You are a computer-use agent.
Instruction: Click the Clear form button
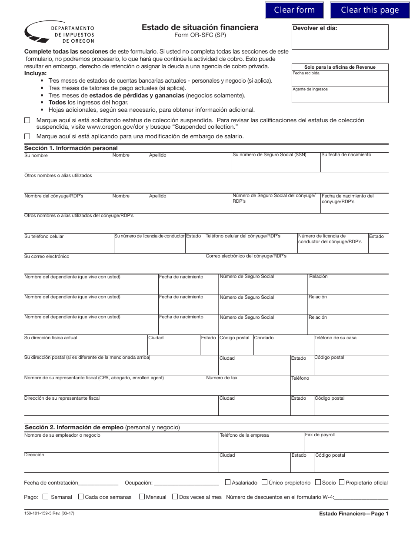pos(294,10)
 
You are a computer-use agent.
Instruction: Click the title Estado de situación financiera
pos(200,27)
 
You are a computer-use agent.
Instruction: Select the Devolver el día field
pos(340,40)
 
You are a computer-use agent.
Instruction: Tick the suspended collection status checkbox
pos(27,120)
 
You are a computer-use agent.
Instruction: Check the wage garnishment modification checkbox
pos(27,136)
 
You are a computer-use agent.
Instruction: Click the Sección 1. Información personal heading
pos(71,148)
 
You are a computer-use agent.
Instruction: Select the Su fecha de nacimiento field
pos(354,165)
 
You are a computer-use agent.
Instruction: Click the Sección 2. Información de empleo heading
pos(102,427)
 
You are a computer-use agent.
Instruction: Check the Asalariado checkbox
pos(228,482)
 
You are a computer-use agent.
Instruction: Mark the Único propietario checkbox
pos(264,482)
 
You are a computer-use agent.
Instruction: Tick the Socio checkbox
pos(318,482)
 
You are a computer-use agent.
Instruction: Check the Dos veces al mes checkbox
pos(175,497)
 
